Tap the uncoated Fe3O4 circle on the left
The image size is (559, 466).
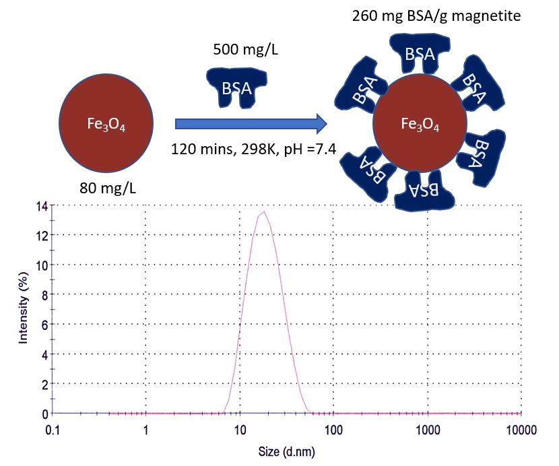[105, 123]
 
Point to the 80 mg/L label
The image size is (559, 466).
[108, 187]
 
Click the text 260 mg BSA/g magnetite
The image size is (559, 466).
[436, 15]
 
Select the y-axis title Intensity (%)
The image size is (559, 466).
[24, 308]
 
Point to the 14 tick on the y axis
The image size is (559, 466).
[42, 205]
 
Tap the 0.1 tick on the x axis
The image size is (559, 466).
[54, 429]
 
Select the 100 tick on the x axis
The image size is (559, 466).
[333, 429]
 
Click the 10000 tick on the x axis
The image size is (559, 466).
[519, 429]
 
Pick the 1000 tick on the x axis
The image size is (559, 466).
[427, 429]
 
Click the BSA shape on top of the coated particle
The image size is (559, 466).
[420, 55]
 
